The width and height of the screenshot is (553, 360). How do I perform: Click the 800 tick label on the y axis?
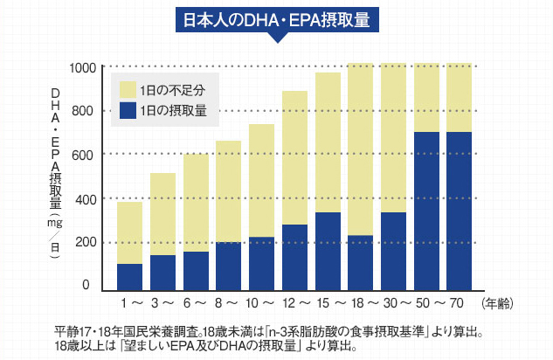click(84, 111)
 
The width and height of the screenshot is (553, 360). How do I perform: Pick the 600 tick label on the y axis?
click(84, 155)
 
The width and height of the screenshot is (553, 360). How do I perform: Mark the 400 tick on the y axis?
click(84, 199)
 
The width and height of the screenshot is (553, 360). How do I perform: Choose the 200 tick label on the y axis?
click(84, 243)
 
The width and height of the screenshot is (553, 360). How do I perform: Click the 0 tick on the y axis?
click(86, 286)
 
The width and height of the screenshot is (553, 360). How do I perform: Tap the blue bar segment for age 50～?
click(426, 211)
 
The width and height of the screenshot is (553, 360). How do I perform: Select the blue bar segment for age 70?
click(460, 211)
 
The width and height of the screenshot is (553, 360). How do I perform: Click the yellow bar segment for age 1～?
click(129, 232)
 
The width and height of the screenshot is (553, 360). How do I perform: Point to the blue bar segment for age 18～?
click(361, 262)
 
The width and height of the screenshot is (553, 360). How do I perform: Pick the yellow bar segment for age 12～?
click(294, 157)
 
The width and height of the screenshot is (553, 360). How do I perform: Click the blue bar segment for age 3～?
click(162, 272)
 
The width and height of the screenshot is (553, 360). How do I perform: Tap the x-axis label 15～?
click(328, 303)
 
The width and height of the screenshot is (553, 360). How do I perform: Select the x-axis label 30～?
click(393, 303)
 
